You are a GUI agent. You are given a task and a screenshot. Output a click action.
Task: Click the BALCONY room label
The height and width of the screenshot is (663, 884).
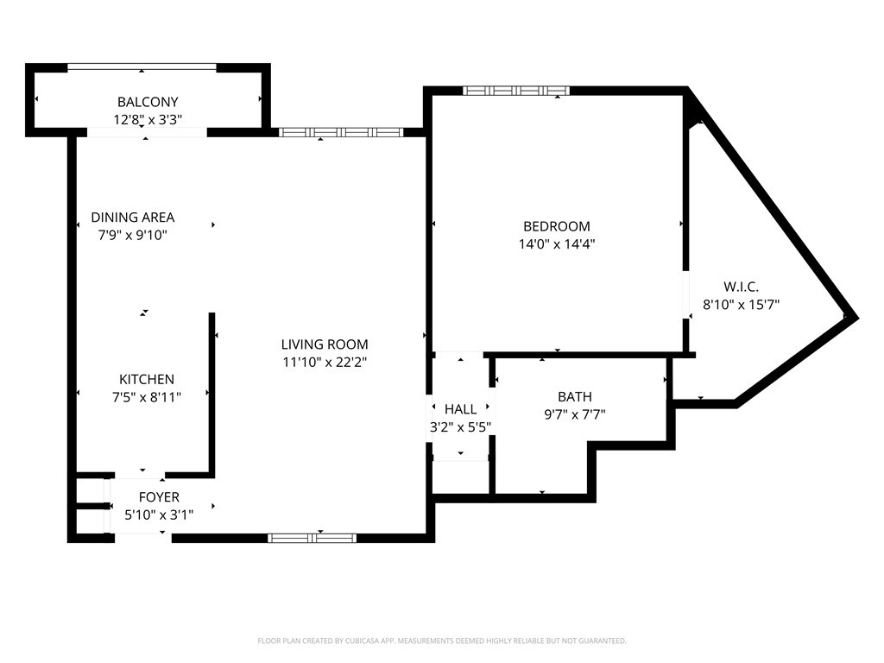click(x=148, y=102)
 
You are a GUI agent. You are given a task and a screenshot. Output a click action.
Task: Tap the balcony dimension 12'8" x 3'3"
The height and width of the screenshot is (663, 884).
click(x=148, y=120)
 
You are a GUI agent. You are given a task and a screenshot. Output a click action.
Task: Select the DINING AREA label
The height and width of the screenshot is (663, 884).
click(x=133, y=217)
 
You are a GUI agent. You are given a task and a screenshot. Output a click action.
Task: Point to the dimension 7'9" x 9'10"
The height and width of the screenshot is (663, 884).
click(x=133, y=235)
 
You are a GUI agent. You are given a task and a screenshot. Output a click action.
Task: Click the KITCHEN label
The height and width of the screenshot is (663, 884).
click(x=147, y=380)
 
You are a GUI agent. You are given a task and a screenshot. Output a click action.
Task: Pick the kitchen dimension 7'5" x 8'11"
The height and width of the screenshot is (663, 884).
click(x=147, y=397)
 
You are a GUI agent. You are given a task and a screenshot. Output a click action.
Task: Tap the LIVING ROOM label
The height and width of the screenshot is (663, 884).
click(x=325, y=344)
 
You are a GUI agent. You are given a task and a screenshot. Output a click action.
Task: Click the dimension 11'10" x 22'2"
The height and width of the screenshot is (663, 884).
click(x=325, y=362)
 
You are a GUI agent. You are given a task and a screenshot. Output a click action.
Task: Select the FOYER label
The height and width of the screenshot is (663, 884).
click(x=159, y=497)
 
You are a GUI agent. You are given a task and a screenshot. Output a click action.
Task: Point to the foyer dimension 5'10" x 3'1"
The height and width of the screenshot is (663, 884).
click(x=159, y=515)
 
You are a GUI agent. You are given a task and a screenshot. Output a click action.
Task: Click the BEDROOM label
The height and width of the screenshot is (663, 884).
click(x=557, y=227)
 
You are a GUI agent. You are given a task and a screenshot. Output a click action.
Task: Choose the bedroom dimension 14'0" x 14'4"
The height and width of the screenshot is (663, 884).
click(x=557, y=244)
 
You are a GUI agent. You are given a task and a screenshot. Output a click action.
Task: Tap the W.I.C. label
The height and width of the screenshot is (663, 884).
click(x=741, y=287)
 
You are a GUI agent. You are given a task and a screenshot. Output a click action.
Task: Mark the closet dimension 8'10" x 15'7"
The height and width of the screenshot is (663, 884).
click(x=741, y=305)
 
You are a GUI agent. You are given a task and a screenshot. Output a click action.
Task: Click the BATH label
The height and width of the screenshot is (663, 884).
click(x=575, y=397)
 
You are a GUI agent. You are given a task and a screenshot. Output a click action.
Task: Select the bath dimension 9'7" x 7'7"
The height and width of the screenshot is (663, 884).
click(x=575, y=415)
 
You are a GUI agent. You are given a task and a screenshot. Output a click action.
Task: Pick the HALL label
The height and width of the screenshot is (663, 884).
click(x=461, y=409)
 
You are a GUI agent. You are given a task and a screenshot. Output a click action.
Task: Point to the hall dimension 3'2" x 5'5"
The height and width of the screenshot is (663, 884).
click(x=461, y=427)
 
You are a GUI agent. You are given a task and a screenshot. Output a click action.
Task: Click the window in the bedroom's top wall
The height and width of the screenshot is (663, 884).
click(x=516, y=90)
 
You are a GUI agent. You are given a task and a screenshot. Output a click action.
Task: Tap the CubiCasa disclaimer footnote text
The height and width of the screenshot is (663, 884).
click(x=442, y=641)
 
